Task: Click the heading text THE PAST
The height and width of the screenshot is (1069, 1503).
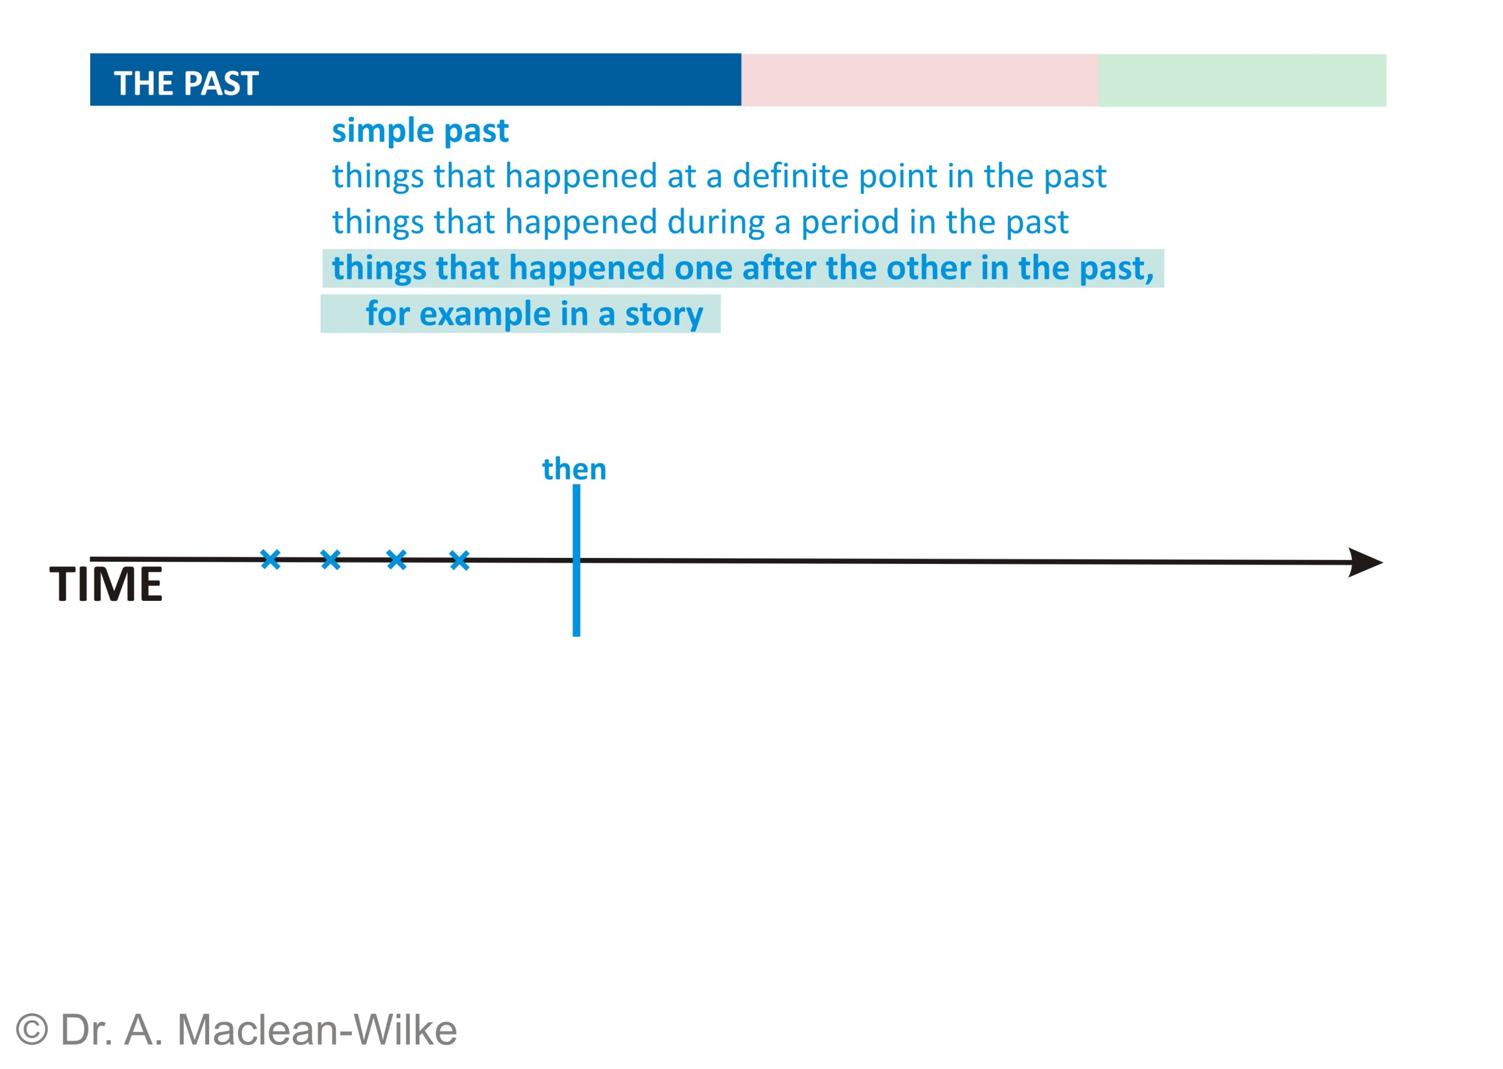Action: point(186,84)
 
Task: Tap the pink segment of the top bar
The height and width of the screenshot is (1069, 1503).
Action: point(919,80)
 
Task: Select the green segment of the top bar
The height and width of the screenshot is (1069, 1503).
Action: point(1241,80)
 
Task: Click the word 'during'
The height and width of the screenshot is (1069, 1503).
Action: point(715,223)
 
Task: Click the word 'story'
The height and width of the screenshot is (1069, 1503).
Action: point(663,314)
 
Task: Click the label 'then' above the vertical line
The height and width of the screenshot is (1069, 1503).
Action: point(574,469)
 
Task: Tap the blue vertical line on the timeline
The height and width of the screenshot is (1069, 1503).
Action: point(576,560)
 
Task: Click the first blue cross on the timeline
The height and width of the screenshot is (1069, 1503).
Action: point(270,560)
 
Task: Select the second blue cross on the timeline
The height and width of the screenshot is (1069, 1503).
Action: point(330,560)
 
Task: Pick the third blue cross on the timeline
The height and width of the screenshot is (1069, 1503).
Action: point(397,560)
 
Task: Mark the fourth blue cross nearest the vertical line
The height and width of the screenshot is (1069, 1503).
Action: point(459,561)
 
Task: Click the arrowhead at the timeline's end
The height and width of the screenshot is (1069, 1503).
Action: point(1365,562)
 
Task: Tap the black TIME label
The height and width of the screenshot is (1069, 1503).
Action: point(106,584)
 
